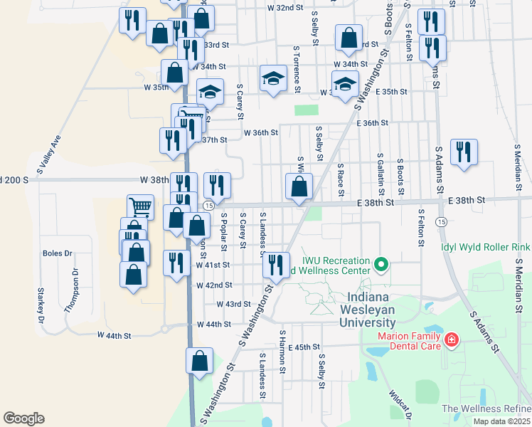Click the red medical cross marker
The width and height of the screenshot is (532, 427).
coord(451,341)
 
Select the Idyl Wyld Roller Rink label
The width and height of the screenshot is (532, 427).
coord(485,247)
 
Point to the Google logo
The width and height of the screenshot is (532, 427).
coord(23,418)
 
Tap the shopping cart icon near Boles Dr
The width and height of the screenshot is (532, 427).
coord(140,207)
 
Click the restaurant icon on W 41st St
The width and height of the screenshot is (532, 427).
coord(275,265)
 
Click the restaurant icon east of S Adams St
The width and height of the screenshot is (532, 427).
coord(464,152)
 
